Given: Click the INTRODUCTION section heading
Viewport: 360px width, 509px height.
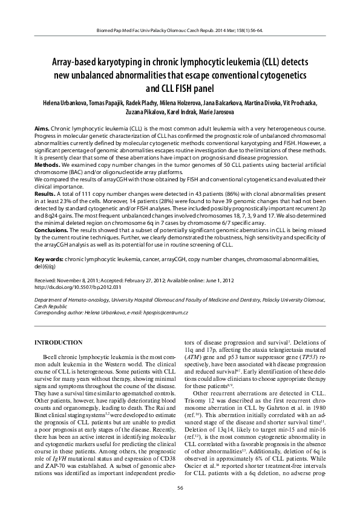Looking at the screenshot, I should [58, 342].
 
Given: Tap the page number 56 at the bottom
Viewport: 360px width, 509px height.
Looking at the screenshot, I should [180, 488].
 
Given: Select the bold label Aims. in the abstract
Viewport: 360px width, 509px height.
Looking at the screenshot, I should [42, 130].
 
